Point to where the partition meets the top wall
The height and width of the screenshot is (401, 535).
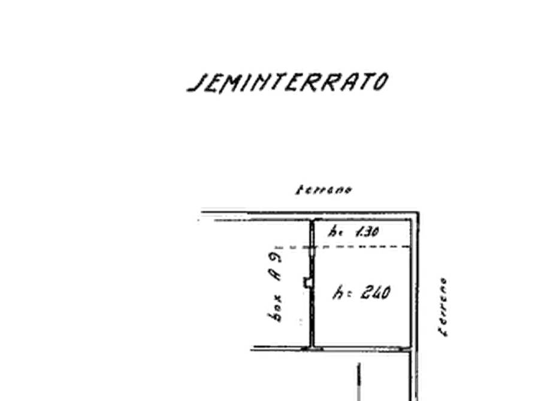[x=313, y=216]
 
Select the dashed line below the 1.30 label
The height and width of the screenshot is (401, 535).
[x=359, y=247]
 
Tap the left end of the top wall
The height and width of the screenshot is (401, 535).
[x=198, y=214]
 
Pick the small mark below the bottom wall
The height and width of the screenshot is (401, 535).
[x=359, y=375]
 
